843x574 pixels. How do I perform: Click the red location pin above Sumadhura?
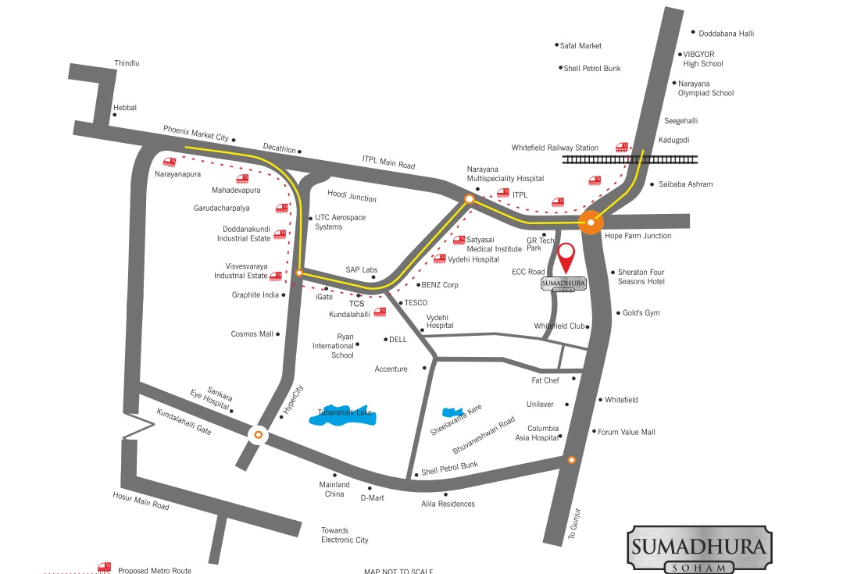(x=566, y=255)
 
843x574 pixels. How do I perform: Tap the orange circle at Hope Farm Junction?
(x=591, y=223)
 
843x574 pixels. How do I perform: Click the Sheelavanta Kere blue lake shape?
(x=449, y=412)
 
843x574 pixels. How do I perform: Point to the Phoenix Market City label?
(x=195, y=132)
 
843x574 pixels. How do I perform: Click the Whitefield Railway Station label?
(x=555, y=148)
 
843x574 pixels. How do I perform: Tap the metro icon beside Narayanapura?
(x=169, y=163)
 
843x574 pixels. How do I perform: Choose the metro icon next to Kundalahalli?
(x=380, y=312)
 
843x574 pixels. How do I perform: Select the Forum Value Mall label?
(x=627, y=432)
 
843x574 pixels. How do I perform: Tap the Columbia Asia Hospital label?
(x=543, y=433)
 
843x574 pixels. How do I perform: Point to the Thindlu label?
(x=127, y=62)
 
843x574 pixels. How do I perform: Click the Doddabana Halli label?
(x=727, y=34)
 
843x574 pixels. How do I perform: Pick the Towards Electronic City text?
(x=345, y=535)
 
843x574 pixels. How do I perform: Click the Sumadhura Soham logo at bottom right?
(x=699, y=549)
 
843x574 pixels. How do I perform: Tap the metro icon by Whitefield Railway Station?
(x=622, y=147)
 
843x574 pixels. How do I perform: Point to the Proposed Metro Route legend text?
(x=155, y=570)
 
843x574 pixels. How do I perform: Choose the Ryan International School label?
(x=334, y=345)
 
